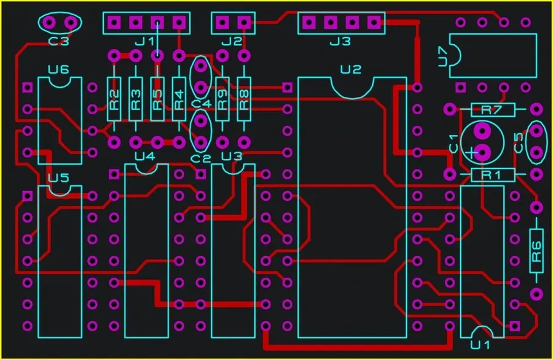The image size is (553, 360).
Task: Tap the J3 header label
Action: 340,42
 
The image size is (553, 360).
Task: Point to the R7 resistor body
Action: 492,110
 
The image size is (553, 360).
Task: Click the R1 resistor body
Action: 492,175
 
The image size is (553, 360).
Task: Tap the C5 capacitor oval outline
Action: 537,143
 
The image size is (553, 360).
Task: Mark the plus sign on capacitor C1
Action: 471,152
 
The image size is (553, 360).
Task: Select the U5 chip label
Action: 58,178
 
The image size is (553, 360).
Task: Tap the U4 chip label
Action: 145,156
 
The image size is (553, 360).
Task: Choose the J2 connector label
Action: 232,42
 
